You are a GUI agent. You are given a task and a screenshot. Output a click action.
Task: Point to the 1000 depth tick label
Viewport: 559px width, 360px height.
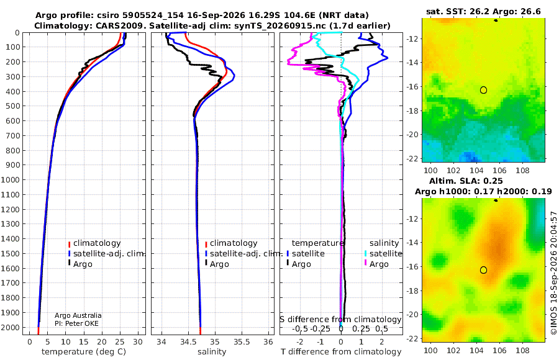pyautogui.click(x=10, y=179)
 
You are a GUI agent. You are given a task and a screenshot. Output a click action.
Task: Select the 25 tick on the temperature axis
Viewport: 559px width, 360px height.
pyautogui.click(x=120, y=342)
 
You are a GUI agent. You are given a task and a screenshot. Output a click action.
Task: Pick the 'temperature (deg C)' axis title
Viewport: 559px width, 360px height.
pyautogui.click(x=84, y=352)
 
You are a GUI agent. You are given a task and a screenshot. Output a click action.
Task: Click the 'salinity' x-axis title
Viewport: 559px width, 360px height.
pyautogui.click(x=212, y=352)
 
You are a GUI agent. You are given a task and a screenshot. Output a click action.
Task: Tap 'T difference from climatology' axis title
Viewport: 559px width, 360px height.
pyautogui.click(x=341, y=352)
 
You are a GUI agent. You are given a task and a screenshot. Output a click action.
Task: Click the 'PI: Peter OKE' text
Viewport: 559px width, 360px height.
pyautogui.click(x=76, y=323)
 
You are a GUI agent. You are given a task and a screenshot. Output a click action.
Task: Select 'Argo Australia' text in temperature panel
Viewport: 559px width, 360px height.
pyautogui.click(x=78, y=315)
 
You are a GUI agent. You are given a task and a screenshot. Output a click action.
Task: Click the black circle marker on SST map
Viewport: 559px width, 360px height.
pyautogui.click(x=483, y=90)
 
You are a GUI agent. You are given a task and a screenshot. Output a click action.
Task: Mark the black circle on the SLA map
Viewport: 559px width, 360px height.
pyautogui.click(x=483, y=270)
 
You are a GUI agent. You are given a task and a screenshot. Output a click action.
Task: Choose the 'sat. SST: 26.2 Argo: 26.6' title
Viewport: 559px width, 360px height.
pyautogui.click(x=483, y=12)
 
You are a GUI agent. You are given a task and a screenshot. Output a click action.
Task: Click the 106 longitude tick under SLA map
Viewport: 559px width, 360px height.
pyautogui.click(x=499, y=350)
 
